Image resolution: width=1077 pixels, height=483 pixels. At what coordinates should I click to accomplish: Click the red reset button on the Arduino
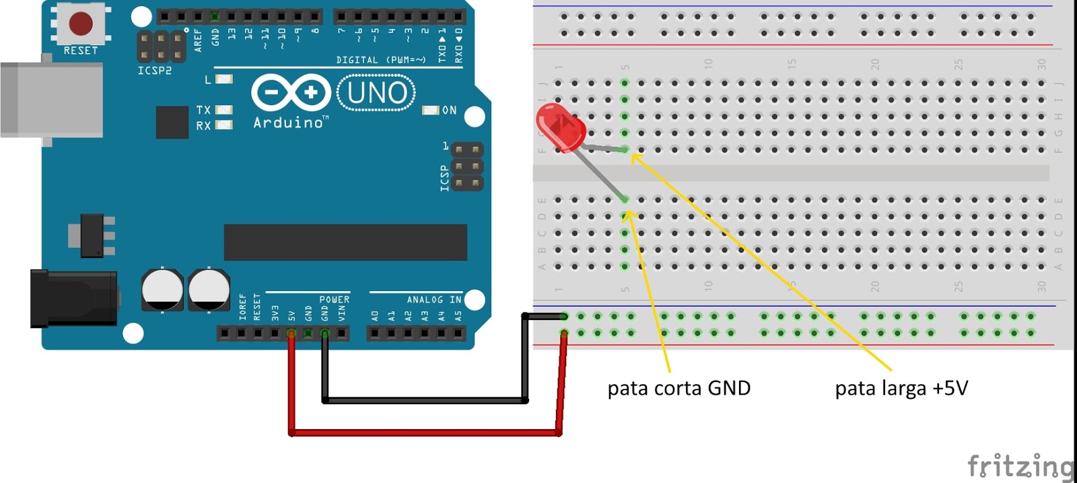click(81, 24)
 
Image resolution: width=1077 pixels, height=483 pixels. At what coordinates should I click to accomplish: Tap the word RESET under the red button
click(81, 51)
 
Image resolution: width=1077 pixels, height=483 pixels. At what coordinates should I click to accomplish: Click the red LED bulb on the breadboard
click(560, 127)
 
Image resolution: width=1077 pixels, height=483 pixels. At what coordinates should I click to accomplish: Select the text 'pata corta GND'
click(679, 389)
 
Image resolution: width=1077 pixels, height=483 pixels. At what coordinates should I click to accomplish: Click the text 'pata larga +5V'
click(901, 389)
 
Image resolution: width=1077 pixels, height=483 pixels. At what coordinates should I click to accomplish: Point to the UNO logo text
click(376, 93)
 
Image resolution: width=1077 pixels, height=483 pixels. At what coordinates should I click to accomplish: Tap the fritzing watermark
click(1020, 466)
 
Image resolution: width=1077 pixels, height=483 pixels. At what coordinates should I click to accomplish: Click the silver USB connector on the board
click(51, 100)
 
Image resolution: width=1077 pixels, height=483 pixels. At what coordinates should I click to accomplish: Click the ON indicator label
click(449, 110)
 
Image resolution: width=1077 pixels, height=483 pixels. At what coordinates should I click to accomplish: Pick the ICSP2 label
click(155, 71)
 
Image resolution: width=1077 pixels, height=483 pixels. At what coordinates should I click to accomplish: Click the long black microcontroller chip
click(345, 243)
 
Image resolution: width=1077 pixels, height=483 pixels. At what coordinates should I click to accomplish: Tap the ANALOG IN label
click(434, 300)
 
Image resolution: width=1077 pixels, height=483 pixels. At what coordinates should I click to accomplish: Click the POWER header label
click(334, 300)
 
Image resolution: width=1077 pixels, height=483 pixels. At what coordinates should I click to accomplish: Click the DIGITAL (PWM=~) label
click(381, 60)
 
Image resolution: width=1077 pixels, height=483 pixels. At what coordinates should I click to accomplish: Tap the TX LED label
click(203, 110)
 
